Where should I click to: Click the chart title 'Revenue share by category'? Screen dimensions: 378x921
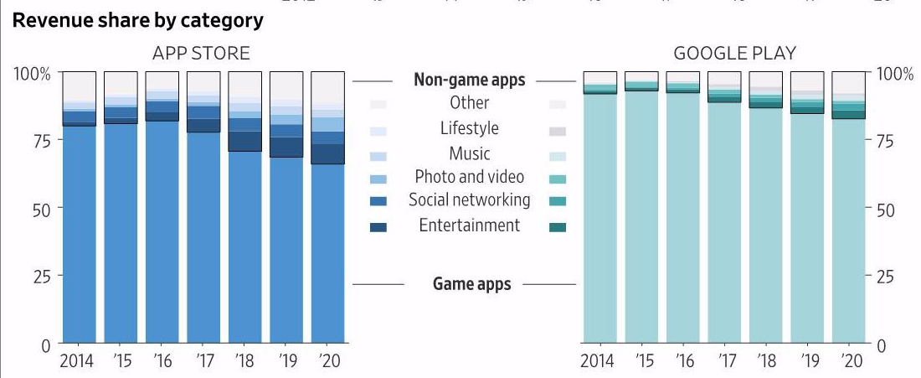pos(138,21)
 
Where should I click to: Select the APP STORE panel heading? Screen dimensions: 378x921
pos(201,54)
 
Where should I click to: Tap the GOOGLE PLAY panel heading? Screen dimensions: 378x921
pos(735,54)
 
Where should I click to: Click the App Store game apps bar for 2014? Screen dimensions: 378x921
pos(80,235)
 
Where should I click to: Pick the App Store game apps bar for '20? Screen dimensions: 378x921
pos(327,251)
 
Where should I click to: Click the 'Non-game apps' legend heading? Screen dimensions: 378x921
pos(470,80)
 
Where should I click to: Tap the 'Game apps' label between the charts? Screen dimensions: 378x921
pos(471,284)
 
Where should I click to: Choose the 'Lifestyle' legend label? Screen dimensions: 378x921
pos(469,128)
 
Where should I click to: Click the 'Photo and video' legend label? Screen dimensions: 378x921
pos(469,177)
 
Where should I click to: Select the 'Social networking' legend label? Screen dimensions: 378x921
pos(469,200)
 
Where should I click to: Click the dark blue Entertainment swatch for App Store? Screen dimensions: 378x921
pos(378,226)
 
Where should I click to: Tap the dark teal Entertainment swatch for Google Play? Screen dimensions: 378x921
pos(558,226)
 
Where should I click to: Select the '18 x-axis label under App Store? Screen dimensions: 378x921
pos(244,361)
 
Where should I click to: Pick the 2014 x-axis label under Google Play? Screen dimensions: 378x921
pos(598,361)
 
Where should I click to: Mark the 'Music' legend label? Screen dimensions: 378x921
pos(469,153)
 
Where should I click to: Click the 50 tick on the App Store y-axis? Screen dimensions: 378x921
pos(40,208)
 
